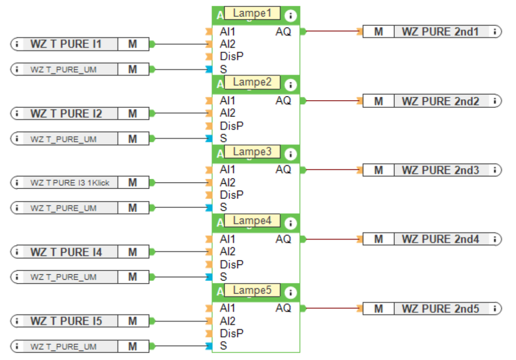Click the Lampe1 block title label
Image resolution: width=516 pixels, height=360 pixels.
click(x=252, y=13)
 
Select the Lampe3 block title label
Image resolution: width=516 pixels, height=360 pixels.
click(x=252, y=152)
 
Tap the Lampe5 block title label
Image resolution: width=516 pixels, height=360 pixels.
click(x=252, y=290)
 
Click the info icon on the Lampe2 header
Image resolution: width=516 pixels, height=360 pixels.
click(x=291, y=85)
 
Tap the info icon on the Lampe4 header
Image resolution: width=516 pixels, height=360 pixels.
click(x=291, y=223)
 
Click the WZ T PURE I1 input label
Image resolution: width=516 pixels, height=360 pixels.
click(x=66, y=44)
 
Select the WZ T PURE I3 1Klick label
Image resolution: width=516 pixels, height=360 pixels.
click(x=70, y=183)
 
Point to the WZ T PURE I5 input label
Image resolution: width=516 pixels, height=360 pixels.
click(x=66, y=321)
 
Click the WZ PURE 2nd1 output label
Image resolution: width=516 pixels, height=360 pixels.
click(x=440, y=32)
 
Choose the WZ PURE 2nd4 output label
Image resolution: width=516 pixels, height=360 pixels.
click(x=441, y=239)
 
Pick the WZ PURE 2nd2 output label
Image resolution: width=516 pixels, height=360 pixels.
click(x=441, y=101)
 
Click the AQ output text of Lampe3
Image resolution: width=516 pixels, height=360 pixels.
click(x=283, y=170)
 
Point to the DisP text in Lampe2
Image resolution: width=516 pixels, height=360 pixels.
click(x=232, y=126)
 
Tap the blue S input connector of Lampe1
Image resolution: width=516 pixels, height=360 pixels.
click(x=209, y=69)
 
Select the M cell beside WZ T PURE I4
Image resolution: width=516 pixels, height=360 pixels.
click(x=133, y=252)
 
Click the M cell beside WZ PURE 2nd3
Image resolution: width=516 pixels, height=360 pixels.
click(x=378, y=170)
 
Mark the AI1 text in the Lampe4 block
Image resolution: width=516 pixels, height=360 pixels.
click(x=228, y=239)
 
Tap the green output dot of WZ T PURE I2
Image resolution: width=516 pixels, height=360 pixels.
click(x=152, y=113)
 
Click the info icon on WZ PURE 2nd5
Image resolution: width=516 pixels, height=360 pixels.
click(x=495, y=308)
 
